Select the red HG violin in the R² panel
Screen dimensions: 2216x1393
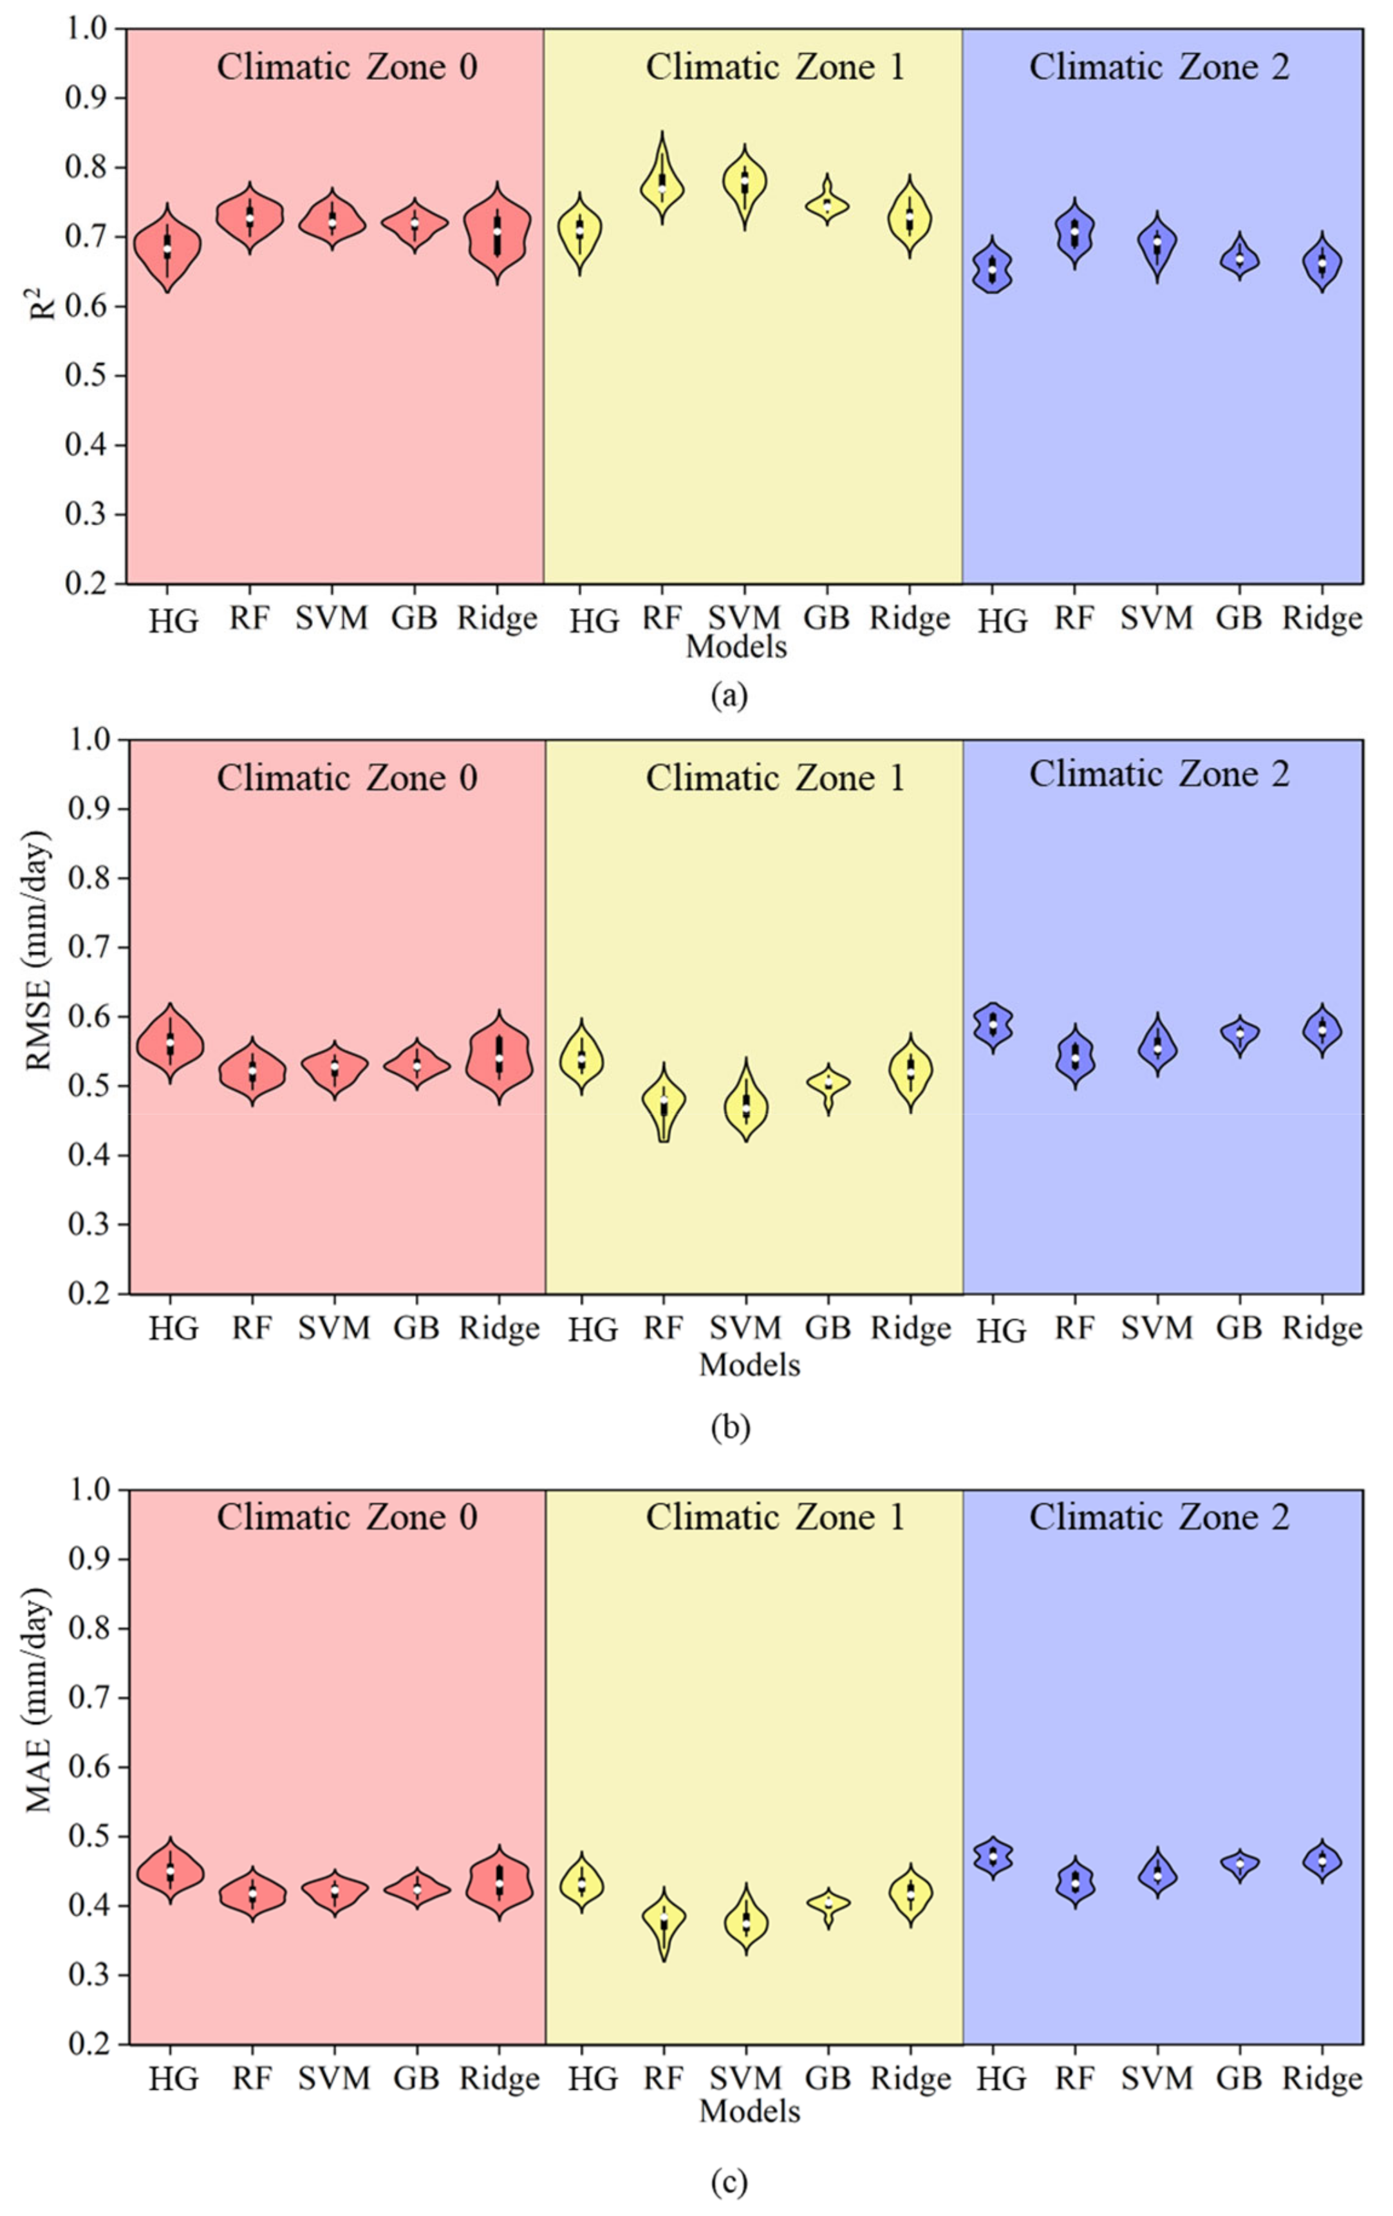pos(167,248)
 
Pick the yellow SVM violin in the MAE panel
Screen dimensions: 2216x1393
pos(746,1921)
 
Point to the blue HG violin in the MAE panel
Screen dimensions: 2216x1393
pos(993,1856)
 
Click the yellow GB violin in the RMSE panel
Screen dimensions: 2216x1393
pos(828,1084)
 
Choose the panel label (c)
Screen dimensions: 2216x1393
pos(729,2181)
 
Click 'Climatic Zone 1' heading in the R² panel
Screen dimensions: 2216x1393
pos(774,67)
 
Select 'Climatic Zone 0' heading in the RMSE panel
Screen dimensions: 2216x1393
pos(347,779)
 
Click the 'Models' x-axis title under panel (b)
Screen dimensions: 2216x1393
pos(749,1365)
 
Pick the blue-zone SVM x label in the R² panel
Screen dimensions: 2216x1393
pos(1156,618)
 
